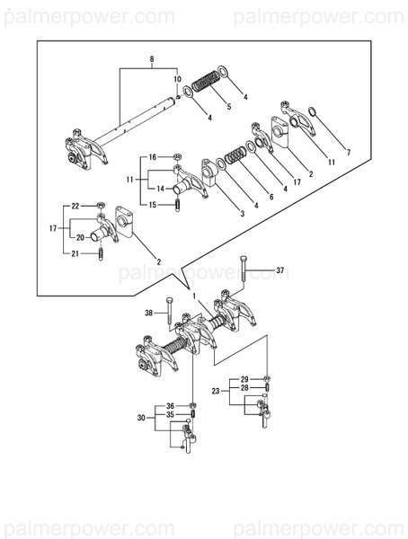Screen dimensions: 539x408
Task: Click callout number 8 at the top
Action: [152, 59]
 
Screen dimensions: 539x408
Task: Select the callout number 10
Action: [177, 78]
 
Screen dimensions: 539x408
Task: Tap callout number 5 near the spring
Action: [228, 107]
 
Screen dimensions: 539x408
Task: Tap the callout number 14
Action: [160, 189]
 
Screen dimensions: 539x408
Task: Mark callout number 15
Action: [154, 205]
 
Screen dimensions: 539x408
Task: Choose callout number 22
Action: [76, 206]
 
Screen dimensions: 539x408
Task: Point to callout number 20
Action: [82, 237]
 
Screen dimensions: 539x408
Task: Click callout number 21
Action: [76, 254]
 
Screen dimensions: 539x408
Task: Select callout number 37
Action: [279, 270]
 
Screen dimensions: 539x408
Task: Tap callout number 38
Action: [148, 314]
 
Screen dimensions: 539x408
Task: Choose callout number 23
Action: [215, 390]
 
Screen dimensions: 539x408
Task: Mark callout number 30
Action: [140, 417]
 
